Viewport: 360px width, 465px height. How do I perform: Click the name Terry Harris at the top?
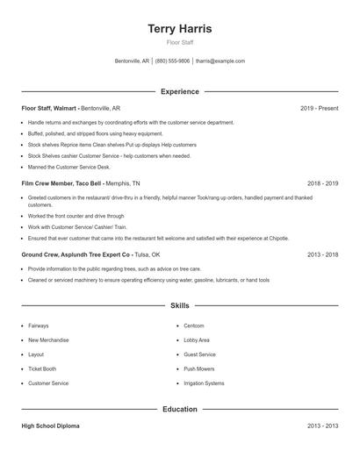coord(180,28)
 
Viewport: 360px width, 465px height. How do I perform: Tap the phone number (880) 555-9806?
coord(172,61)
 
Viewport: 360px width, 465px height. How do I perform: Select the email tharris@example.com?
coord(220,61)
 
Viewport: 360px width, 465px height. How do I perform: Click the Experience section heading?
coord(180,91)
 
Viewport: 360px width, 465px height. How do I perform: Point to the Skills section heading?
coord(180,305)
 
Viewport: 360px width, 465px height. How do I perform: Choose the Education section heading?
coord(180,409)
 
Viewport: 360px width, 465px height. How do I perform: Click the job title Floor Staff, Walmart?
coord(48,108)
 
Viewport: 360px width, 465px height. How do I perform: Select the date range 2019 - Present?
coord(319,108)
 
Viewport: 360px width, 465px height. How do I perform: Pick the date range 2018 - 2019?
coord(322,183)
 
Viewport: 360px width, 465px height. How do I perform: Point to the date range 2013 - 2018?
coord(322,254)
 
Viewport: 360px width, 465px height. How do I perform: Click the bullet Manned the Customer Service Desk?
coord(69,167)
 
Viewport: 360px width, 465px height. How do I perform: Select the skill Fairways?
coord(39,325)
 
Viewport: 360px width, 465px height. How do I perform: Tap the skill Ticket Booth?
coord(42,368)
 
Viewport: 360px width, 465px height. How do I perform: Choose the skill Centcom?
coord(194,325)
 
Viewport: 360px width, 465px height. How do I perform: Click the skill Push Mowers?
coord(199,368)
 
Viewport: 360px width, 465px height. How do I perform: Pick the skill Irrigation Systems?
coord(204,383)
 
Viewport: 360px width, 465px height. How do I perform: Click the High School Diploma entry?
coord(50,426)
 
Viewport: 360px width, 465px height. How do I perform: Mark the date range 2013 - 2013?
coord(322,426)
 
